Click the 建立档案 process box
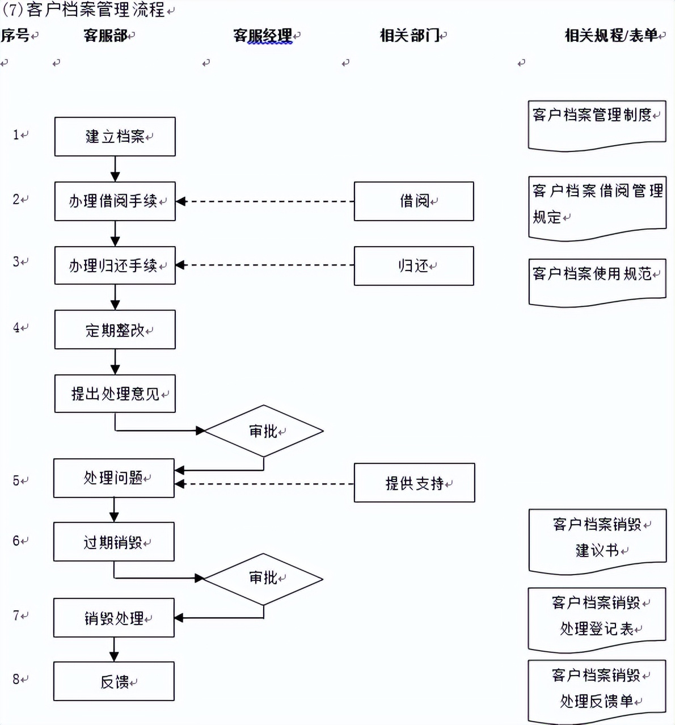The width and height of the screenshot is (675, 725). point(115,137)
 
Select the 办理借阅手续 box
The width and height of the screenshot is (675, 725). point(115,201)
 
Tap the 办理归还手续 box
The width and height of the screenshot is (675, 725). point(115,265)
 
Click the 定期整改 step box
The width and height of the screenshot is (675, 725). point(115,330)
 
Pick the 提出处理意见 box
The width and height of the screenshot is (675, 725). point(115,394)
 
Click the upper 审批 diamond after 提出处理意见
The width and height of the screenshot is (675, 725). point(264,431)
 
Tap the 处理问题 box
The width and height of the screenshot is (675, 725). point(113,478)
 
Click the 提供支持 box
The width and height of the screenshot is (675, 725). point(414,483)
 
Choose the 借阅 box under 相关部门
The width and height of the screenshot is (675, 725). point(414,201)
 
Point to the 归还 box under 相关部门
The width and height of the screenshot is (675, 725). point(414,265)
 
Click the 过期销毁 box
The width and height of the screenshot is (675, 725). point(113,542)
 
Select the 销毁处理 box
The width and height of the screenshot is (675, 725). point(113,618)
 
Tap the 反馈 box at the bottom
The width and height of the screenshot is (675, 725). point(113,681)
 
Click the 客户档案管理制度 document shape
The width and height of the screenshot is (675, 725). point(597,125)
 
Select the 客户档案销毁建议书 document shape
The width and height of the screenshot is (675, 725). point(597,539)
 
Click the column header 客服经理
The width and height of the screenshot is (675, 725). point(263,36)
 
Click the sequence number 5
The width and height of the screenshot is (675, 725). point(16,481)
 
